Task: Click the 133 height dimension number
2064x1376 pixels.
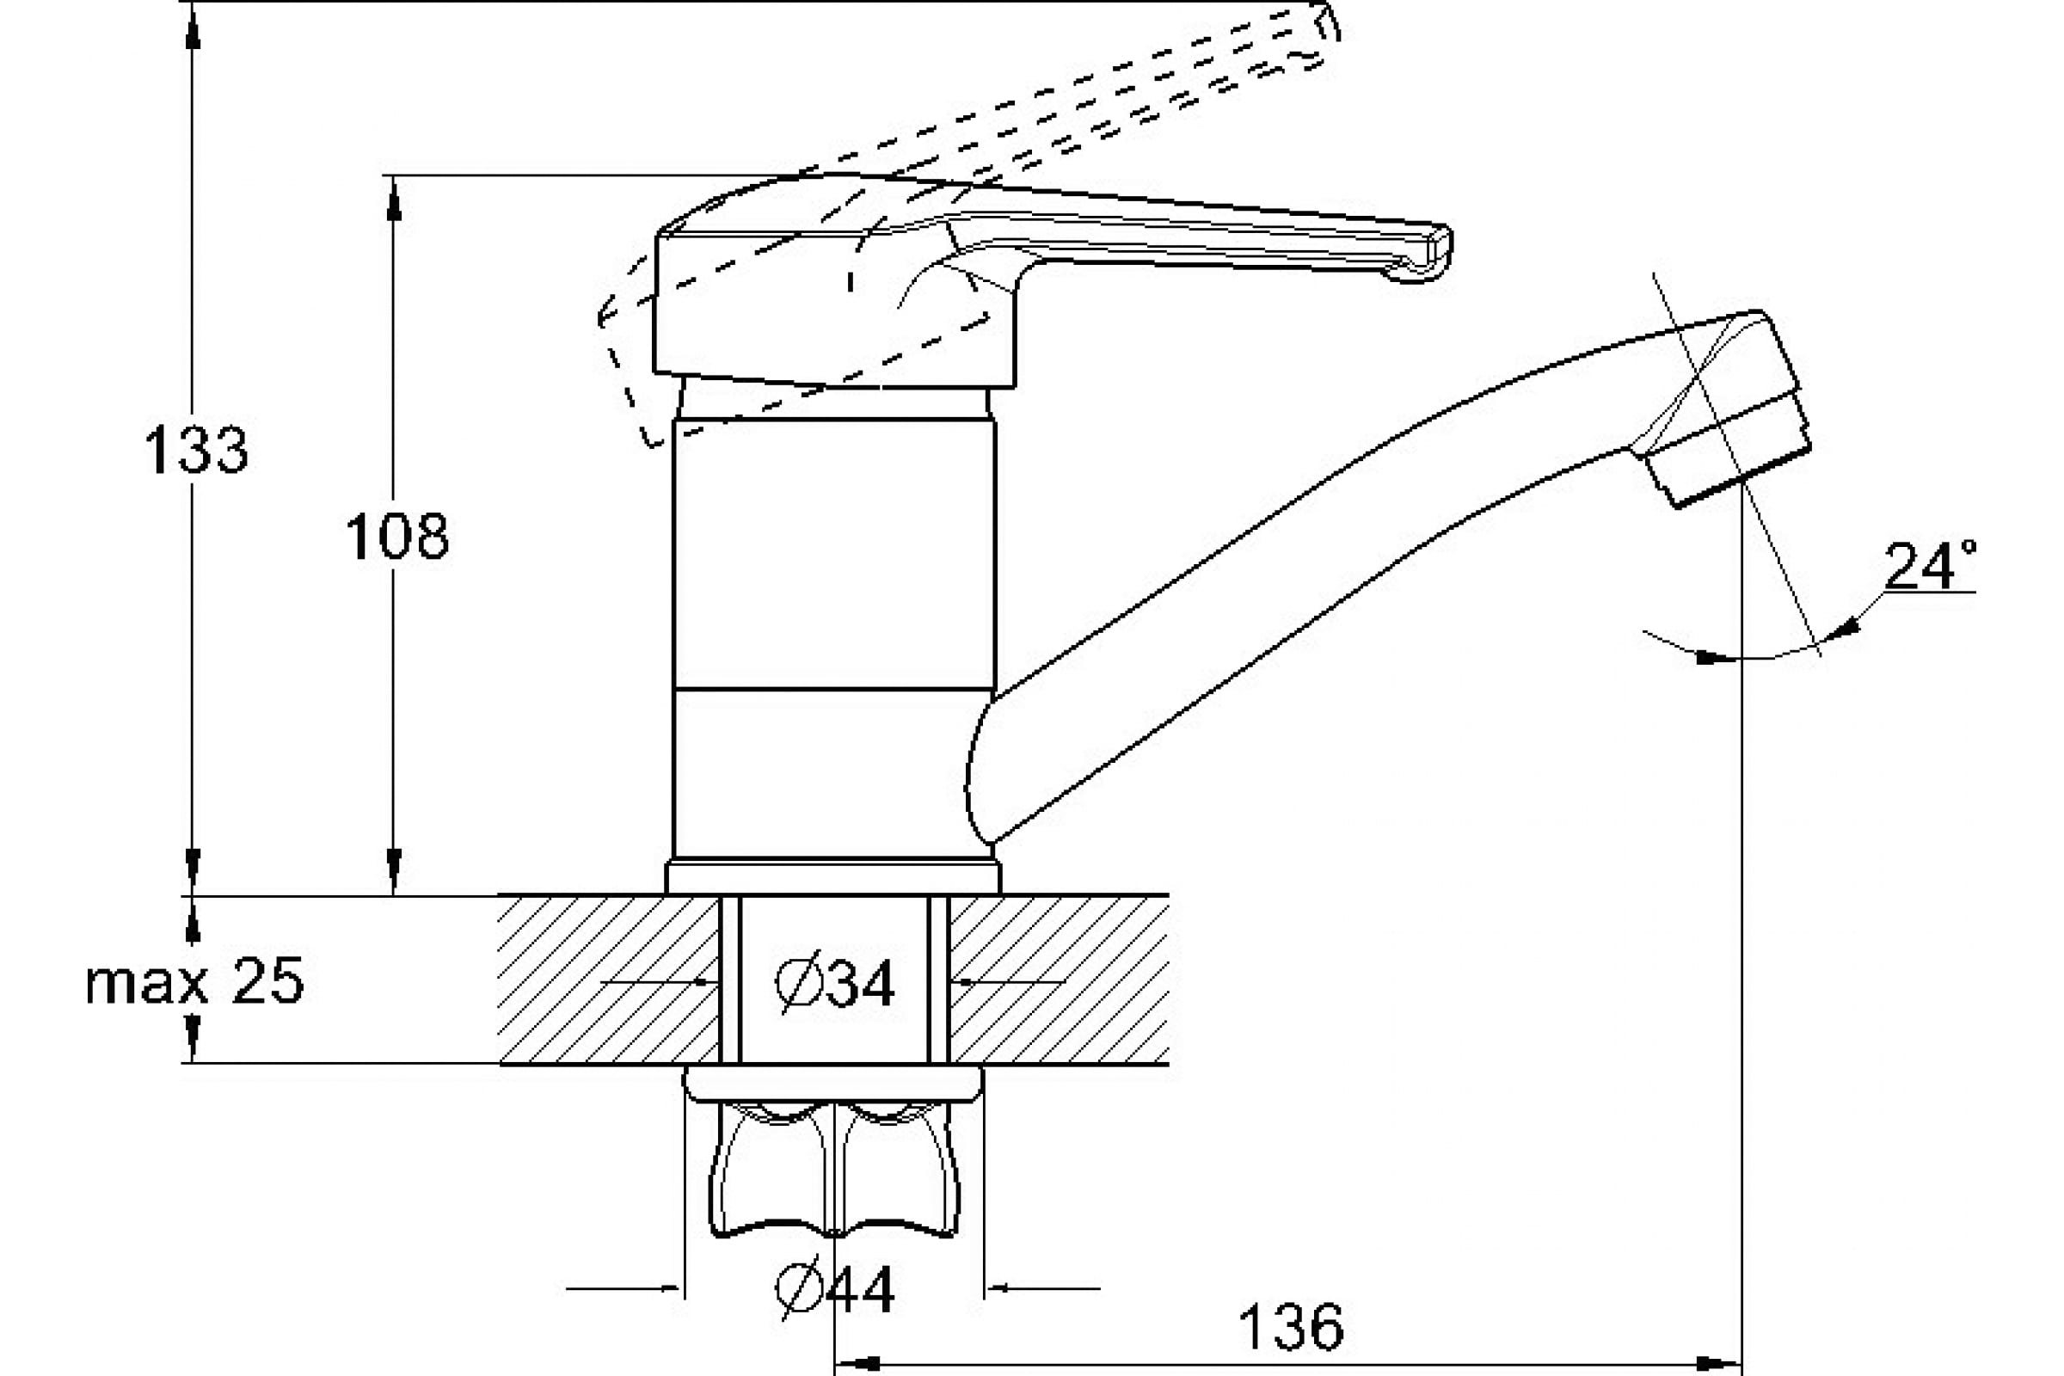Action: (x=196, y=450)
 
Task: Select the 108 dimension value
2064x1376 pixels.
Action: (x=396, y=536)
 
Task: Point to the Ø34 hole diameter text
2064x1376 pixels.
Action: (x=834, y=982)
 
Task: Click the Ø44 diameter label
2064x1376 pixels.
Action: (x=834, y=1289)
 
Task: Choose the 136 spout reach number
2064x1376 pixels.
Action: (x=1290, y=1327)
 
